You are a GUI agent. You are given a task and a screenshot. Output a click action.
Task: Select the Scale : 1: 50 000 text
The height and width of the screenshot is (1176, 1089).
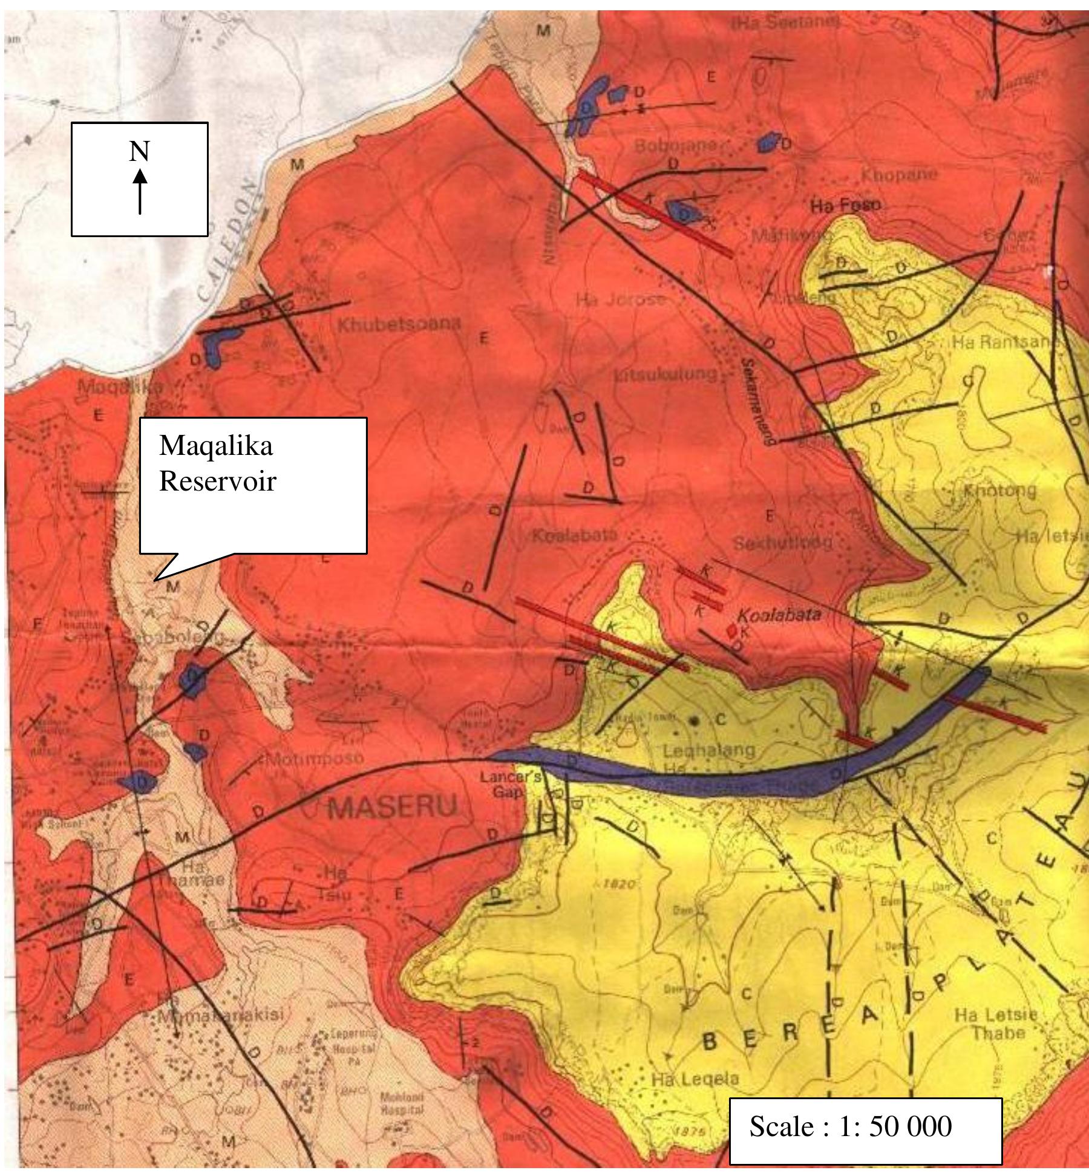click(x=851, y=1126)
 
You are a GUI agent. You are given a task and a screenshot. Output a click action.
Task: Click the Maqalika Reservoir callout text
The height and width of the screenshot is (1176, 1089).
click(x=217, y=463)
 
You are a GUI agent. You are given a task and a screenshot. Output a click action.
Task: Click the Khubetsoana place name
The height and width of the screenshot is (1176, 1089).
click(x=399, y=325)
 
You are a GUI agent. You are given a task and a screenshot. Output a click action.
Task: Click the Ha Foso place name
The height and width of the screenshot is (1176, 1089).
click(x=846, y=206)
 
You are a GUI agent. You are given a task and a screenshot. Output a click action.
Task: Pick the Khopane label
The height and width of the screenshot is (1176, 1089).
click(x=899, y=175)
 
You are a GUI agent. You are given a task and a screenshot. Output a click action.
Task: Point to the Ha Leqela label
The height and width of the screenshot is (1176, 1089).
click(x=695, y=1079)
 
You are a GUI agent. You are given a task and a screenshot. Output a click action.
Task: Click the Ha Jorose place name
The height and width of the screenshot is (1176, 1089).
click(x=620, y=299)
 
